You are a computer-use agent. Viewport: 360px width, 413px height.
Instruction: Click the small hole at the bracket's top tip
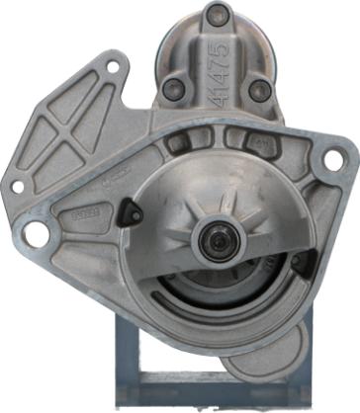[112, 67]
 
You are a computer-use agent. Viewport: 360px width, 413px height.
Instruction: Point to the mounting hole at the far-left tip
[16, 185]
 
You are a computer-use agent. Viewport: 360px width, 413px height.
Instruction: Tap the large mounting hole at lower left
[37, 234]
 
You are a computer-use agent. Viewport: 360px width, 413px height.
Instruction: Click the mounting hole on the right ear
[334, 158]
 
